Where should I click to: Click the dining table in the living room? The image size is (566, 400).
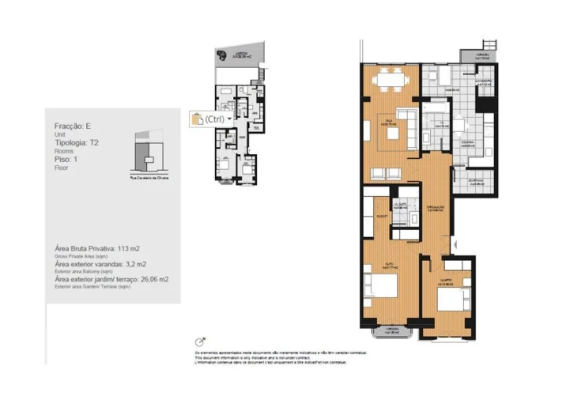click(x=387, y=78)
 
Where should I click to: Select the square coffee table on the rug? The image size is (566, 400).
click(x=393, y=135)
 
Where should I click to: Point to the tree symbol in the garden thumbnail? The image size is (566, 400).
click(x=221, y=55)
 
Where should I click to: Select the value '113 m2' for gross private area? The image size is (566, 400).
click(x=128, y=247)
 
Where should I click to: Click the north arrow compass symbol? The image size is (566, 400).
click(x=200, y=341)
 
